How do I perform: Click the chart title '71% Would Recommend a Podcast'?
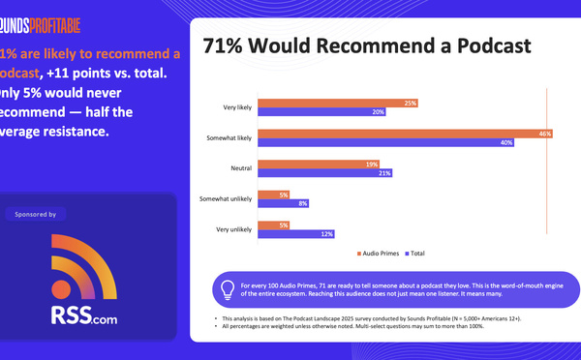tap(367, 46)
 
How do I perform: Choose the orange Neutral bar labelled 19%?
tap(319, 165)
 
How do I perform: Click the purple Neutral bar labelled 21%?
tap(324, 174)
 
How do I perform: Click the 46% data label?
tap(545, 134)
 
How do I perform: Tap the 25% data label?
tap(411, 103)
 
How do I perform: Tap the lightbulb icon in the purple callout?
tap(228, 287)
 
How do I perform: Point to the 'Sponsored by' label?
tap(37, 213)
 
